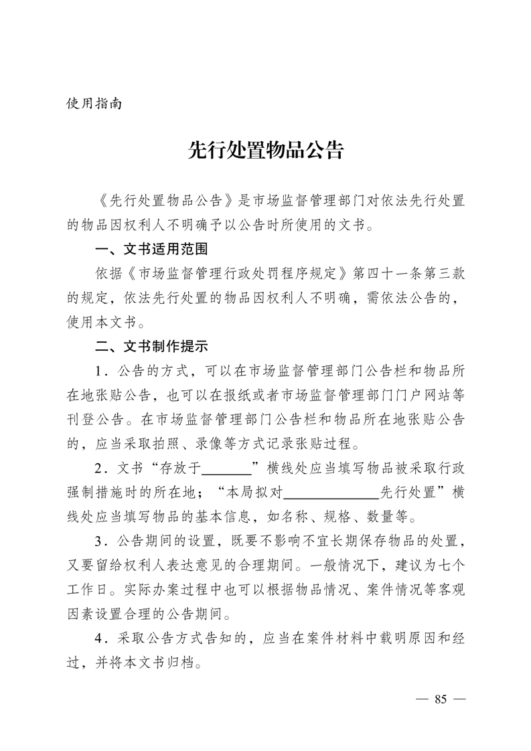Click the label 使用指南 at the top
point(94,104)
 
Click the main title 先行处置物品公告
point(265,151)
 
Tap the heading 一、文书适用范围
point(151,250)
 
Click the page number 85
point(440,699)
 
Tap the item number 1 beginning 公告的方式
point(100,371)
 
